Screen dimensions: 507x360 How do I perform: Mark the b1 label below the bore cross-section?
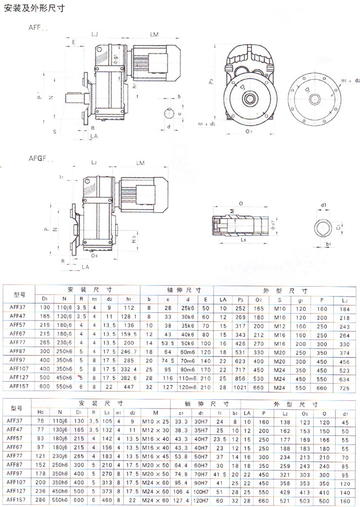pos(329,244)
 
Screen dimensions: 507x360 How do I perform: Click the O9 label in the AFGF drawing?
pos(95,256)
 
